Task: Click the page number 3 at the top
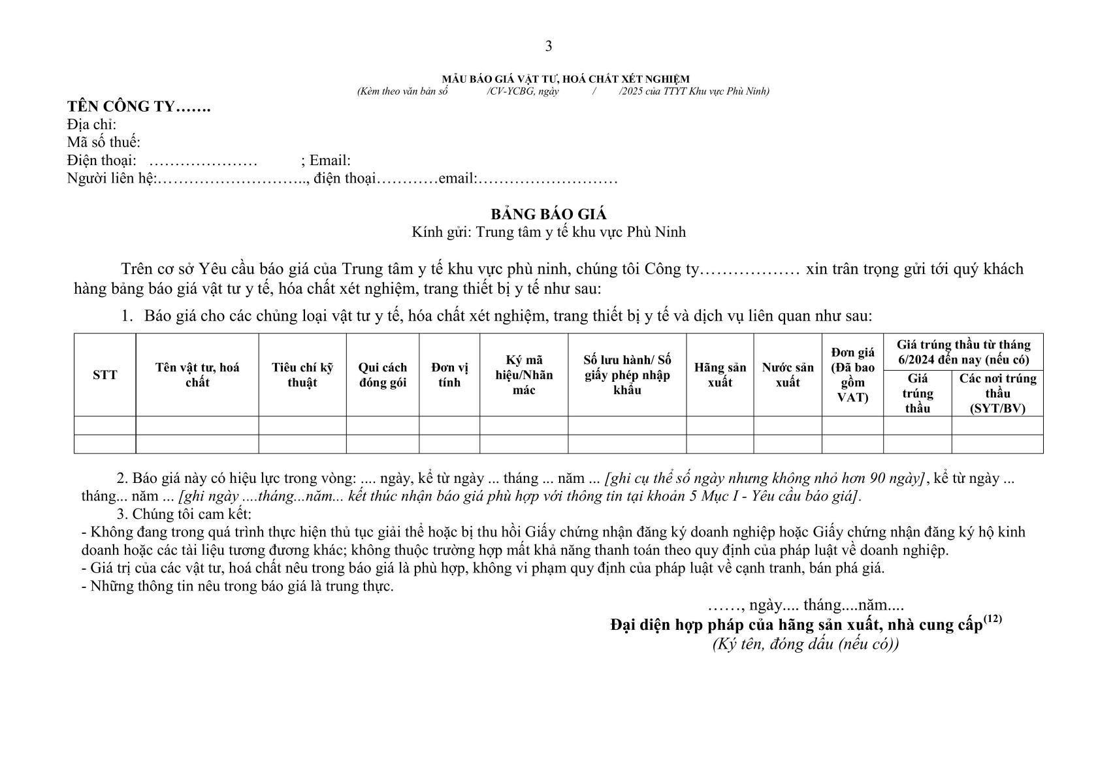(548, 46)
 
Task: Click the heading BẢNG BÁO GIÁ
(549, 214)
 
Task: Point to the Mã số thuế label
(104, 142)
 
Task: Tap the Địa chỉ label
(91, 125)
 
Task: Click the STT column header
(105, 375)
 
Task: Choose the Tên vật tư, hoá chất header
(197, 375)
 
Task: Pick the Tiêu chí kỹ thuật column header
(302, 375)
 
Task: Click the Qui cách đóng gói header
(383, 375)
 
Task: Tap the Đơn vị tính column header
(449, 375)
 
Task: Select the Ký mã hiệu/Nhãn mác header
(524, 375)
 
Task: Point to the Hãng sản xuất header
(720, 375)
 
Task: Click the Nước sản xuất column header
(788, 375)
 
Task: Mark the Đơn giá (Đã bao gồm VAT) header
(852, 375)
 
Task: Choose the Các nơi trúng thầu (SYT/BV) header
(997, 394)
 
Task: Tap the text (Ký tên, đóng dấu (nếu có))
(805, 644)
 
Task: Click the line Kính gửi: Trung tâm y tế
(549, 232)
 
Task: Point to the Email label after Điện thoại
(330, 161)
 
